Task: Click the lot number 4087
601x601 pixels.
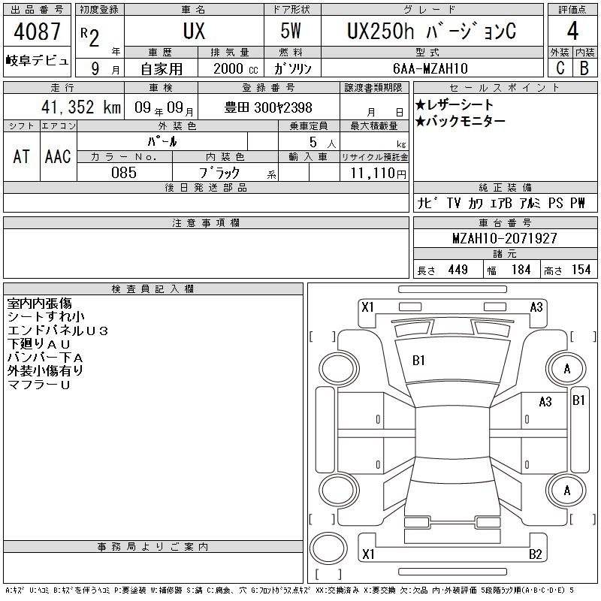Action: (37, 31)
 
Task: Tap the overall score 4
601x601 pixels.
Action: (572, 31)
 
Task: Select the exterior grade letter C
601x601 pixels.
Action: (560, 68)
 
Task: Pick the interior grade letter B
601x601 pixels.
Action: (584, 68)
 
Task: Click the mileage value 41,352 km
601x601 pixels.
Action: (81, 107)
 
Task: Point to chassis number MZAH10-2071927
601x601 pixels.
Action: (505, 238)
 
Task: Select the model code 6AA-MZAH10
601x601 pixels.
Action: (430, 68)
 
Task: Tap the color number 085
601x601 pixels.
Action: (124, 173)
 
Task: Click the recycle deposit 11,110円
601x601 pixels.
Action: (379, 173)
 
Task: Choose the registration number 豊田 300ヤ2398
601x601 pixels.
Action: (268, 107)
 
